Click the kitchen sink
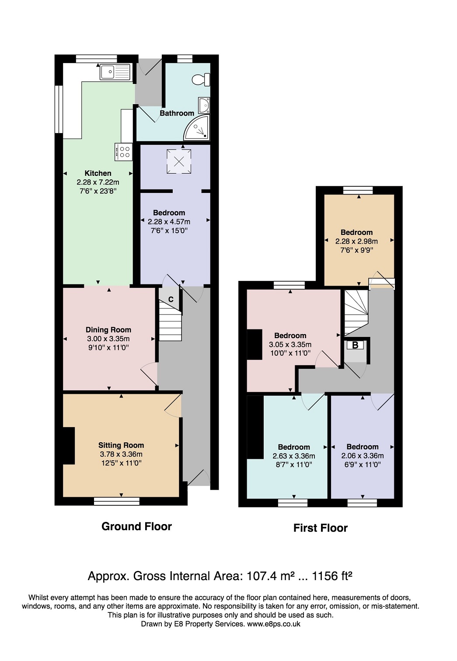click(x=115, y=72)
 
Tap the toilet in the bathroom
click(x=201, y=79)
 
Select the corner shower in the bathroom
click(x=197, y=128)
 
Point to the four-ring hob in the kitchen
click(x=123, y=152)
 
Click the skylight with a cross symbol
click(x=179, y=161)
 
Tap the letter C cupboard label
click(x=171, y=300)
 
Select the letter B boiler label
click(x=355, y=345)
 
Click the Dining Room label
click(x=108, y=329)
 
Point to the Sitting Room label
click(x=121, y=445)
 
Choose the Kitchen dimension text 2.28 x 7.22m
click(x=98, y=182)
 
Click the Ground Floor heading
click(x=136, y=526)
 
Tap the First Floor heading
click(x=321, y=528)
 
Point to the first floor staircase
click(x=356, y=313)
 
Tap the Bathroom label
click(x=177, y=113)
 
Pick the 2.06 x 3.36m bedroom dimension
click(x=362, y=456)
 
